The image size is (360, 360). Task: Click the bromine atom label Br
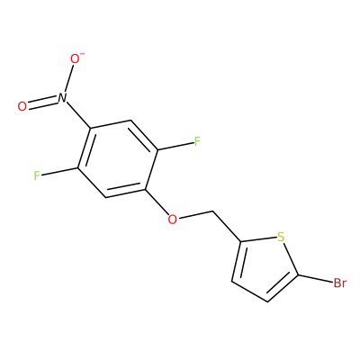pyautogui.click(x=339, y=283)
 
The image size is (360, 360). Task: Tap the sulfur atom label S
pyautogui.click(x=281, y=237)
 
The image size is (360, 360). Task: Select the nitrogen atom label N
pyautogui.click(x=62, y=98)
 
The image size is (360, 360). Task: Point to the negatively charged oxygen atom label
pyautogui.click(x=76, y=58)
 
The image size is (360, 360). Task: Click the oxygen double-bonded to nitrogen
pyautogui.click(x=22, y=107)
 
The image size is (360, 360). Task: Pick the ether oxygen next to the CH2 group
pyautogui.click(x=172, y=220)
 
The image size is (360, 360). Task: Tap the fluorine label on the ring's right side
pyautogui.click(x=197, y=141)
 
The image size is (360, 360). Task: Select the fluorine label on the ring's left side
pyautogui.click(x=37, y=175)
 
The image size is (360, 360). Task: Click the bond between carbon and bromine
pyautogui.click(x=315, y=279)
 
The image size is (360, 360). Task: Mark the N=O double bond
pyautogui.click(x=43, y=102)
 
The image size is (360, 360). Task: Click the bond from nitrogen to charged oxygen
pyautogui.click(x=68, y=78)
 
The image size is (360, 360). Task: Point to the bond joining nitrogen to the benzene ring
pyautogui.click(x=78, y=115)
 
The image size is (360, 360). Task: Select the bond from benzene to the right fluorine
pyautogui.click(x=175, y=146)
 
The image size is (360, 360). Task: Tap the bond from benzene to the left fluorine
pyautogui.click(x=59, y=172)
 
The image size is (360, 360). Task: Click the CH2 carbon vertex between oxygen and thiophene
pyautogui.click(x=213, y=211)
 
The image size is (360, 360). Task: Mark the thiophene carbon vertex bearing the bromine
pyautogui.click(x=298, y=274)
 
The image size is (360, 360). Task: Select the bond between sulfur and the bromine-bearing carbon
pyautogui.click(x=291, y=258)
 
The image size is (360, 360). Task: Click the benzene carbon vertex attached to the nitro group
pyautogui.click(x=90, y=128)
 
